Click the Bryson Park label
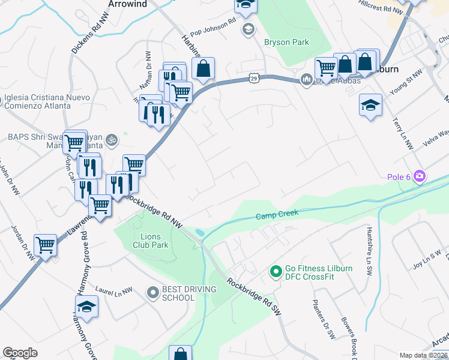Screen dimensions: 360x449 click(286, 42)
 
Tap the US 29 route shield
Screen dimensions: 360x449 click(254, 78)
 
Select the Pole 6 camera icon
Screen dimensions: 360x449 click(420, 176)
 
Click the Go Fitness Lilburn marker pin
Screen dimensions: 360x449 click(276, 272)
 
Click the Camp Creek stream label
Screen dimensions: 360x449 click(277, 215)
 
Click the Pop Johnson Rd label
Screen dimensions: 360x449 click(213, 28)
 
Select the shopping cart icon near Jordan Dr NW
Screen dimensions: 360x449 click(45, 245)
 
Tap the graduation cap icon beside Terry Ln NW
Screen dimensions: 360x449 click(370, 104)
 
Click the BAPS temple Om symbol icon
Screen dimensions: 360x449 click(110, 140)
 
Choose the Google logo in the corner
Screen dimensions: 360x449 click(20, 352)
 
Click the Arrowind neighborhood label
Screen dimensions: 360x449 click(127, 4)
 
